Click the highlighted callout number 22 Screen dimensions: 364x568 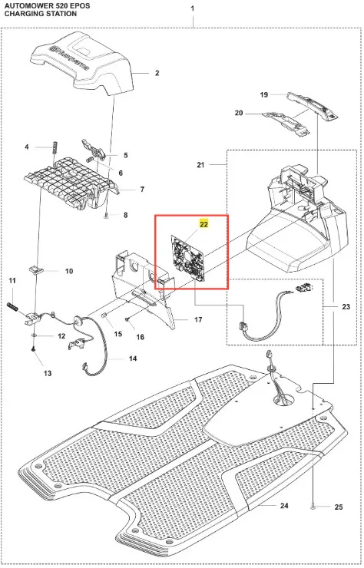[204, 225]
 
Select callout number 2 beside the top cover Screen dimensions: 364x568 [157, 73]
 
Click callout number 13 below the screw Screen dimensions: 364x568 [48, 373]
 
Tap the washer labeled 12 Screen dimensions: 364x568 [34, 335]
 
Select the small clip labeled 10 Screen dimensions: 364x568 [35, 269]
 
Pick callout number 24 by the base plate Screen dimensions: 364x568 [284, 505]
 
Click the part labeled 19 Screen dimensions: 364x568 [312, 105]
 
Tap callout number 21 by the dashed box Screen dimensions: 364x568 [200, 165]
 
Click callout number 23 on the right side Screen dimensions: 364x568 [346, 307]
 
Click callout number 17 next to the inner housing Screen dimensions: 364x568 [198, 320]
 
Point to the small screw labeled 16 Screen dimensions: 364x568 [127, 319]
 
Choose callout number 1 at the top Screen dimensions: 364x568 [193, 8]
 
